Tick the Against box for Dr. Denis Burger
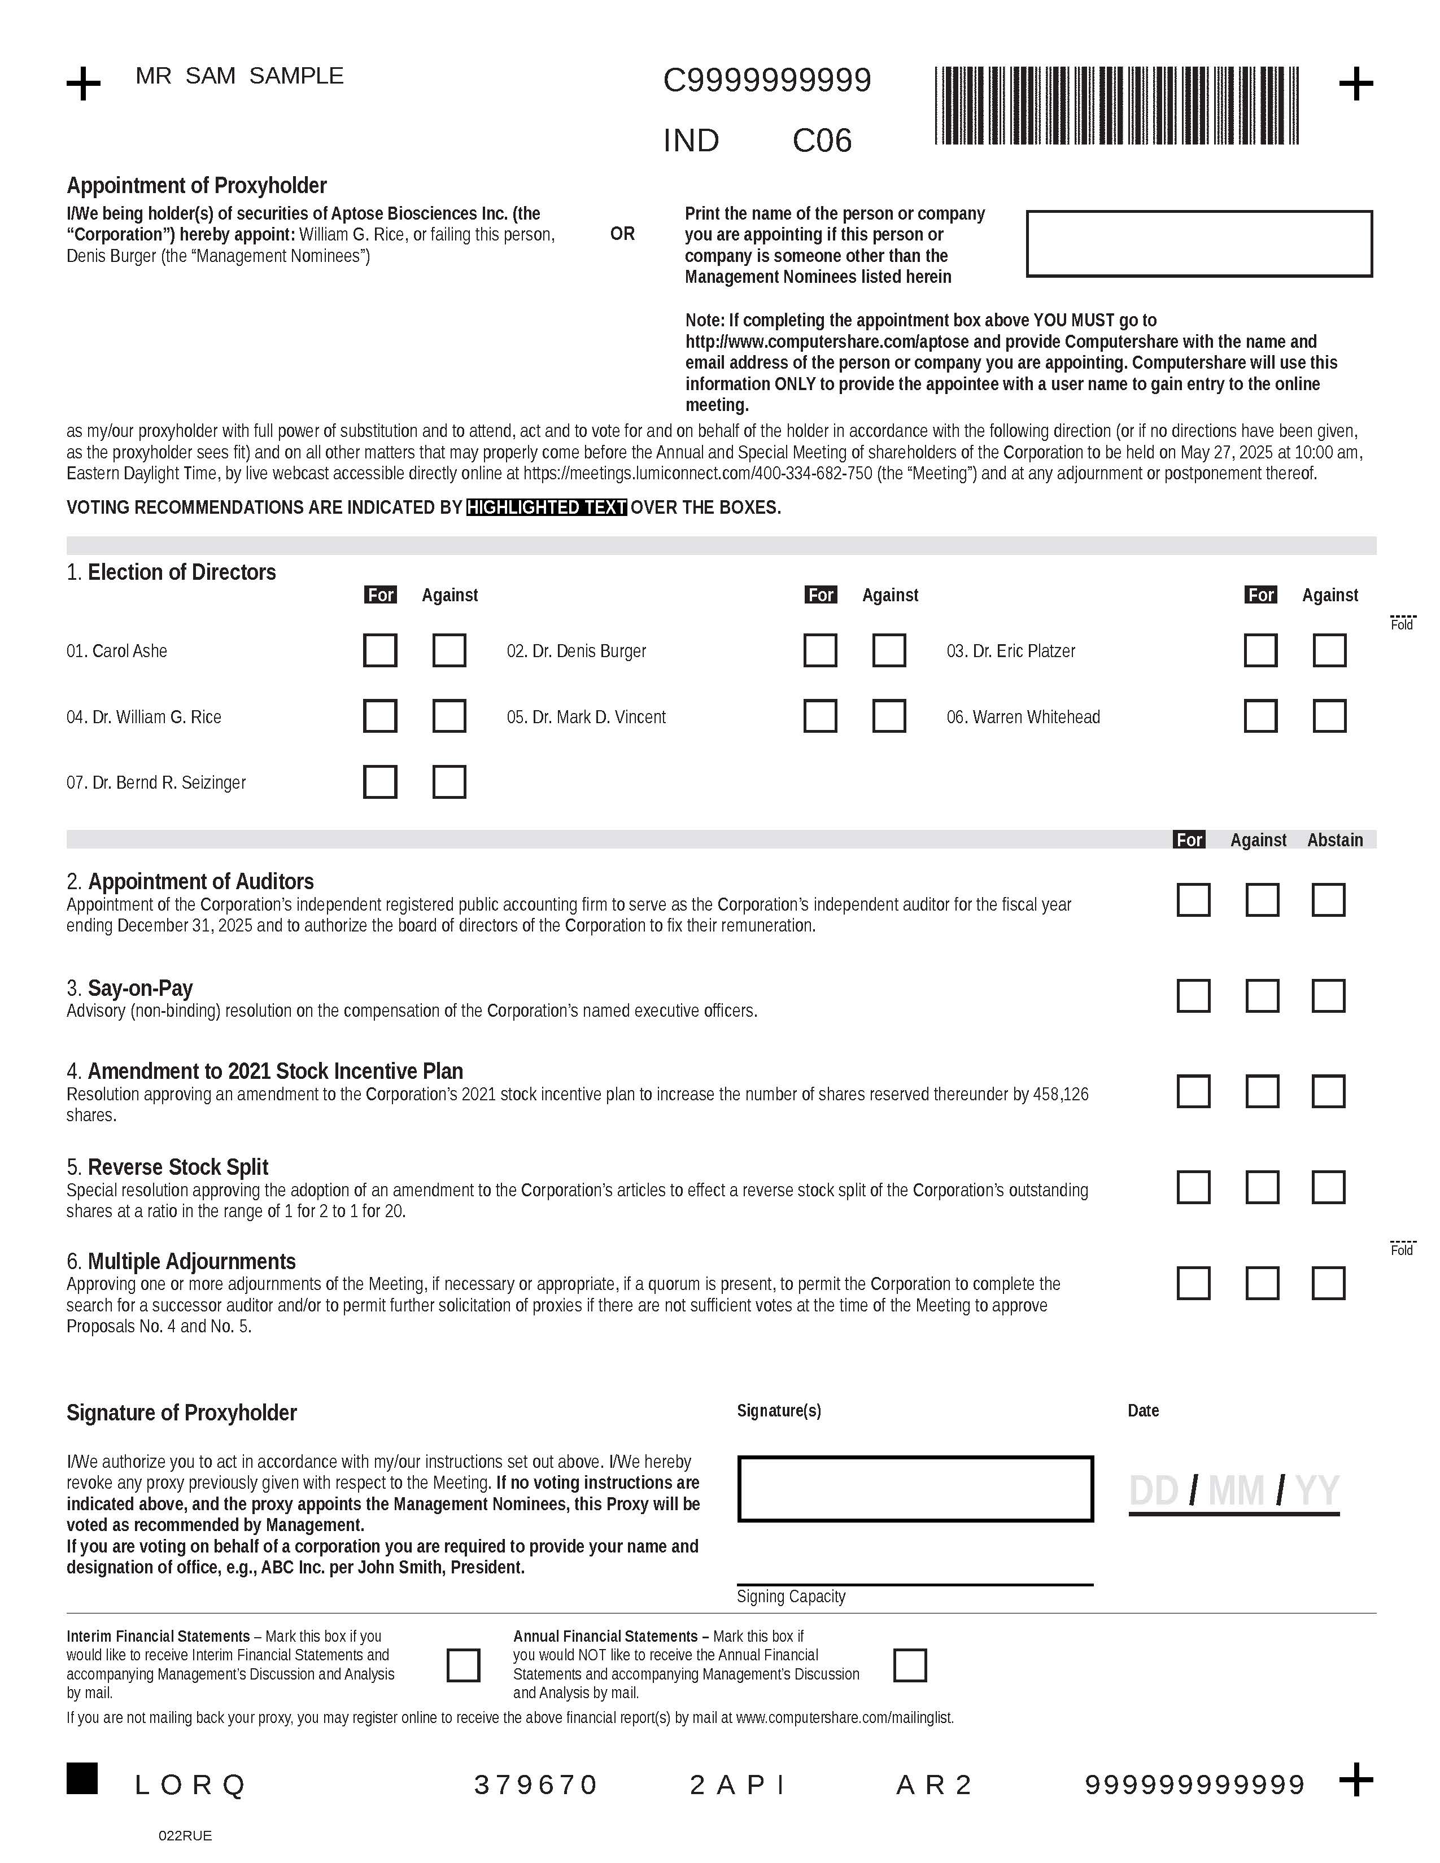click(889, 650)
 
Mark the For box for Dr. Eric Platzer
click(1260, 650)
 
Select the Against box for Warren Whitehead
click(1329, 716)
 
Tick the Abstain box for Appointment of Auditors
click(1328, 900)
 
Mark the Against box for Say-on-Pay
click(1262, 995)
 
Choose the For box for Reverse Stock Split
click(1193, 1187)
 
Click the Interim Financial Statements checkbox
click(463, 1665)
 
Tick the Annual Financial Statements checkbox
click(909, 1665)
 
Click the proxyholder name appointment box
click(1198, 243)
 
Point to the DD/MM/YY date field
click(1233, 1491)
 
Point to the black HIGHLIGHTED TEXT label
click(547, 508)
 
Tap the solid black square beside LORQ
click(82, 1778)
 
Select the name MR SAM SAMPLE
click(239, 76)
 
